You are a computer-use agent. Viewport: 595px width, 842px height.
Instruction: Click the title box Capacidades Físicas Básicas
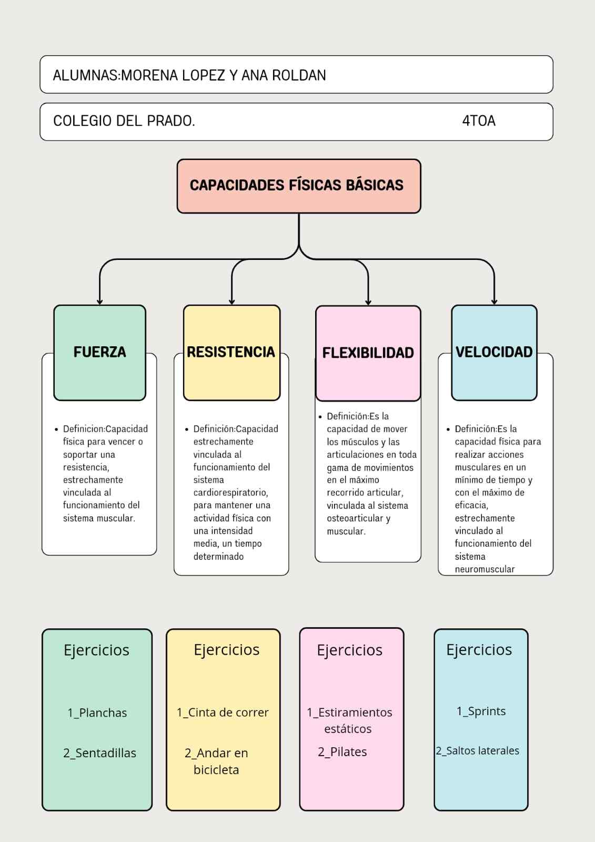pos(298,186)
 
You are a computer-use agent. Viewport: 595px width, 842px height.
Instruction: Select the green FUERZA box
pos(99,352)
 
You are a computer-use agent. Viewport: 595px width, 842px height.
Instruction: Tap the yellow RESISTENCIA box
pos(231,352)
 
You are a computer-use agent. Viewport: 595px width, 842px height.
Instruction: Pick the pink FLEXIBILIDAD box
pos(368,353)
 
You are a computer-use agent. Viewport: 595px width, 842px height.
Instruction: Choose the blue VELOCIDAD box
pos(494,352)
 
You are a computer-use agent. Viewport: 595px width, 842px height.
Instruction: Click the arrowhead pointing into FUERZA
pos(99,302)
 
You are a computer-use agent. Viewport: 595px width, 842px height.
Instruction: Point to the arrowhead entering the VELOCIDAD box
pos(494,302)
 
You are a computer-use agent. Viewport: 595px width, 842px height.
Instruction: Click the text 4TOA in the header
pos(479,121)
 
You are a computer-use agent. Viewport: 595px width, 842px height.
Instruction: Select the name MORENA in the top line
pos(149,75)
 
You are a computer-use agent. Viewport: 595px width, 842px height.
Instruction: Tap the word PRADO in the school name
pos(170,121)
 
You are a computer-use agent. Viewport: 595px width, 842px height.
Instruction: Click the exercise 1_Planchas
pos(97,713)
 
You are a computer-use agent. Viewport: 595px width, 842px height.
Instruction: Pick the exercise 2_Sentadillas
pos(99,753)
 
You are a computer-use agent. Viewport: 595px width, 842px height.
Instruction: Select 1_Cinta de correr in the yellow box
pos(223,713)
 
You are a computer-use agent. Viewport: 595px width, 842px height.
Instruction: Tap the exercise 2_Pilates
pos(342,752)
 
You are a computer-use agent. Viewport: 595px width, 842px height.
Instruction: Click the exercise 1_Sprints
pos(481,711)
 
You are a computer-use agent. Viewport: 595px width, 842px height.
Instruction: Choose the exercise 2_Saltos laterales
pos(477,751)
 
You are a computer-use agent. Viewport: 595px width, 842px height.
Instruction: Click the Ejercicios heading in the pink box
pos(349,650)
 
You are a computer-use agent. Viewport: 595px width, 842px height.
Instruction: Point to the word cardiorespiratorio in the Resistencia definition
pos(230,493)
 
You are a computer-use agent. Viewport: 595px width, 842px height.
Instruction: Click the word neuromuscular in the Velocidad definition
pos(485,569)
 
